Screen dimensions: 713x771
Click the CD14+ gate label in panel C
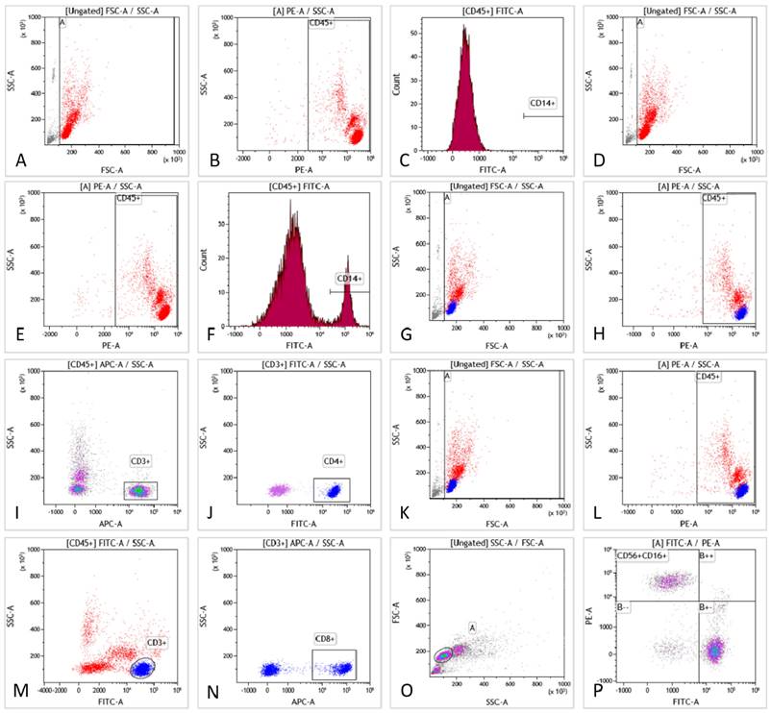point(542,102)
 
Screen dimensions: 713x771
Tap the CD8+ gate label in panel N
point(326,638)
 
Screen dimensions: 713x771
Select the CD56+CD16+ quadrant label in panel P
point(643,554)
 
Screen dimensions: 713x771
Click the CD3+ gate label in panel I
point(141,462)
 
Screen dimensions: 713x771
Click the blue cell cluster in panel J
point(333,490)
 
